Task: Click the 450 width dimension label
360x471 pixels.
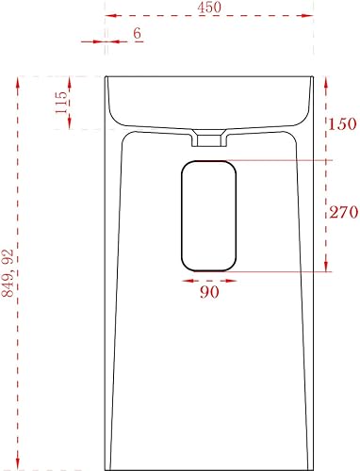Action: pyautogui.click(x=209, y=8)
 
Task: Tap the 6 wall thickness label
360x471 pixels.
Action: pyautogui.click(x=137, y=33)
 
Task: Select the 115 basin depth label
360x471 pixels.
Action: pyautogui.click(x=61, y=103)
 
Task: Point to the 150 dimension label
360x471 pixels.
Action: pyautogui.click(x=342, y=123)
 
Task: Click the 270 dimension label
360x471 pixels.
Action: pyautogui.click(x=344, y=212)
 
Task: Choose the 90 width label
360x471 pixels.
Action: pyautogui.click(x=209, y=292)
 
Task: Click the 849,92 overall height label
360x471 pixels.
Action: pyautogui.click(x=8, y=273)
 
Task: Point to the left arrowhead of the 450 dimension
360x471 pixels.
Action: pyautogui.click(x=111, y=15)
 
